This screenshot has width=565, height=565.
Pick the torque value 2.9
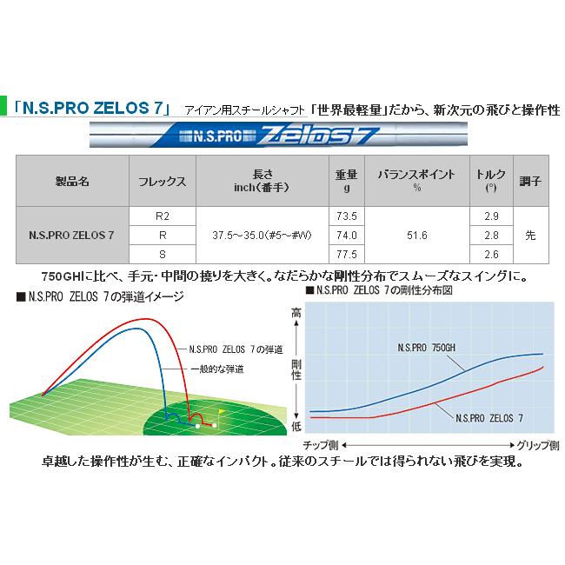pos(490,216)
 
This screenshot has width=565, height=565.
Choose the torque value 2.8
pos(490,235)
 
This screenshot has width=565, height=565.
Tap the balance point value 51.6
pos(416,235)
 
